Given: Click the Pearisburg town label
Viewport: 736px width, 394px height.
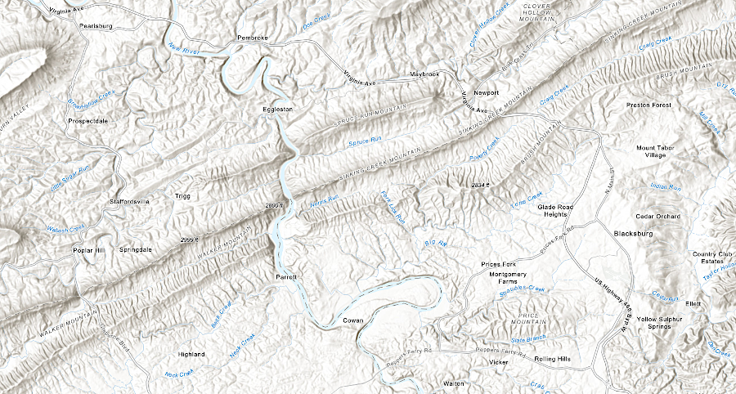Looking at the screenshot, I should (x=95, y=26).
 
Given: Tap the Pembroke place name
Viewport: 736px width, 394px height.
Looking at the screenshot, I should (x=252, y=38).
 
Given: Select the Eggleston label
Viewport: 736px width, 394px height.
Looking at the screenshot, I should (x=276, y=109).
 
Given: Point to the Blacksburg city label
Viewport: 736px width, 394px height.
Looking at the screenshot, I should (x=634, y=234).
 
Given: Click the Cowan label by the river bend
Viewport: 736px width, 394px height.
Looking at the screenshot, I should (x=352, y=320).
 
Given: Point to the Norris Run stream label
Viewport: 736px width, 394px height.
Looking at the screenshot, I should (x=323, y=202).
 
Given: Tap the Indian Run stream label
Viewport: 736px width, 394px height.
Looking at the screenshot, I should (x=665, y=187).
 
